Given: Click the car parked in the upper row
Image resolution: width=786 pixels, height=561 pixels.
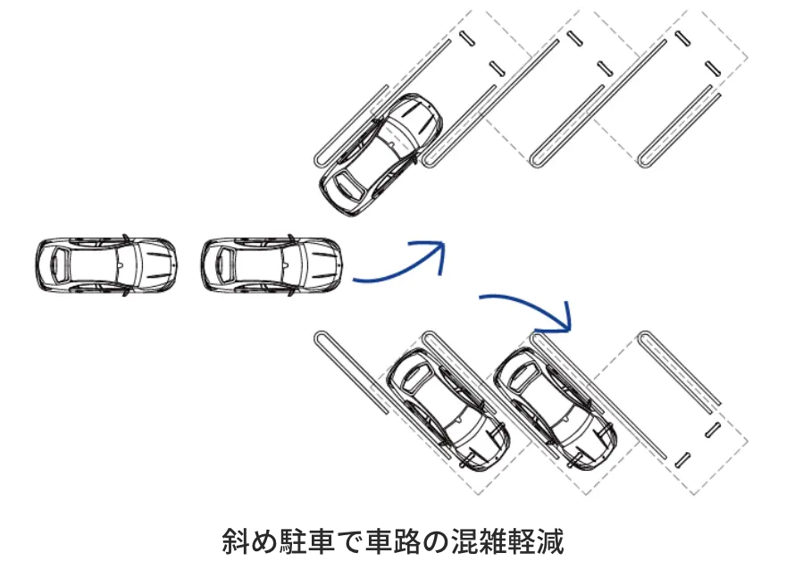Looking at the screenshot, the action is click(x=381, y=155).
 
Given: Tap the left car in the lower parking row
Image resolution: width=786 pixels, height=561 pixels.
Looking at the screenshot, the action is click(x=448, y=409).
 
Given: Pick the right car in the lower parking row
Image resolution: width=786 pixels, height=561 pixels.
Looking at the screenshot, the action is click(x=556, y=409).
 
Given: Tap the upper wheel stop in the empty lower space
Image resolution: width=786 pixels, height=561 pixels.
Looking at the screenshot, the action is click(x=713, y=430).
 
